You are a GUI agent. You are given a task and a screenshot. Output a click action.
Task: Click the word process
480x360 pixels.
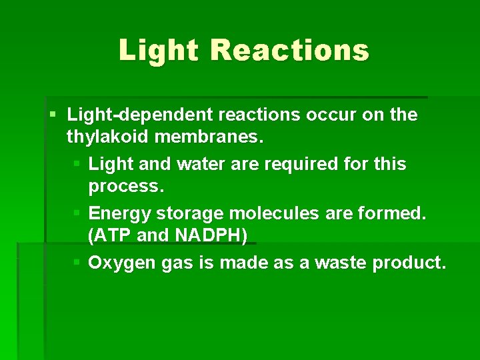(x=126, y=187)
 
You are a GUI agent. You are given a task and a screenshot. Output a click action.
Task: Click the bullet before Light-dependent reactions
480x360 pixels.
(x=53, y=115)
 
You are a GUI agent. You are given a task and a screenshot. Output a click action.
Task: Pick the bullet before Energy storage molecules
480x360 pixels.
(x=77, y=213)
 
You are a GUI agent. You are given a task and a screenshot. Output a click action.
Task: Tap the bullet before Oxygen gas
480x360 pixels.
(x=77, y=263)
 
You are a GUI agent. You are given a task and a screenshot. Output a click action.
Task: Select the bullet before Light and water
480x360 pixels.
(x=77, y=164)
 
